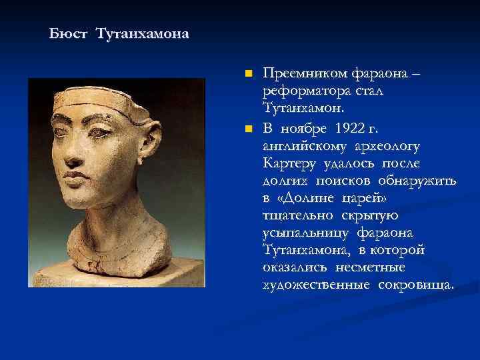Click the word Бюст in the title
tap(69, 33)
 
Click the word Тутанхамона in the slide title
tap(142, 33)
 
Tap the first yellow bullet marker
tap(249, 72)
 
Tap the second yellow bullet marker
tap(249, 128)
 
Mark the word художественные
tap(315, 285)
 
